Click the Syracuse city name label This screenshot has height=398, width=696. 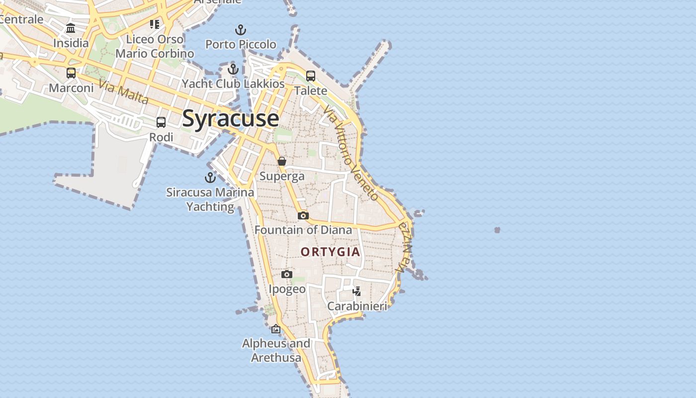[231, 118]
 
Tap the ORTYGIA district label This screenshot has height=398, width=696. [330, 252]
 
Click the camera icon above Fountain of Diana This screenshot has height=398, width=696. [303, 215]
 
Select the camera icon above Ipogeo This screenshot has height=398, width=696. [287, 274]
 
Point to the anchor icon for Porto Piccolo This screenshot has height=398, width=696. [241, 30]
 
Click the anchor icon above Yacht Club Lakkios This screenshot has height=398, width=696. [233, 69]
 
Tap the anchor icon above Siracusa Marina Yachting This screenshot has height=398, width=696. [210, 177]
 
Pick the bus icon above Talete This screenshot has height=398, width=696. [311, 76]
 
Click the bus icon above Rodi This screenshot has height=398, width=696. [161, 122]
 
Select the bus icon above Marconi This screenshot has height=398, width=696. [71, 73]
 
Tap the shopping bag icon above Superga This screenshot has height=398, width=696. [282, 161]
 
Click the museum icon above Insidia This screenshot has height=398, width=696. [71, 28]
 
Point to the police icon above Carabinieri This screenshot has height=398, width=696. [356, 292]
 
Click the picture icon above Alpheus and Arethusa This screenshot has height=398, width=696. [276, 329]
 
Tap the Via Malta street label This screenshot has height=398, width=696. [124, 92]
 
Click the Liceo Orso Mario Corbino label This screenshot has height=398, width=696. [155, 46]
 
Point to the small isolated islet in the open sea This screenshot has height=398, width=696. [497, 230]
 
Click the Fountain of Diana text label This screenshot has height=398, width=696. [303, 230]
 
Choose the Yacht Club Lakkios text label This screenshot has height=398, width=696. [233, 84]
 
